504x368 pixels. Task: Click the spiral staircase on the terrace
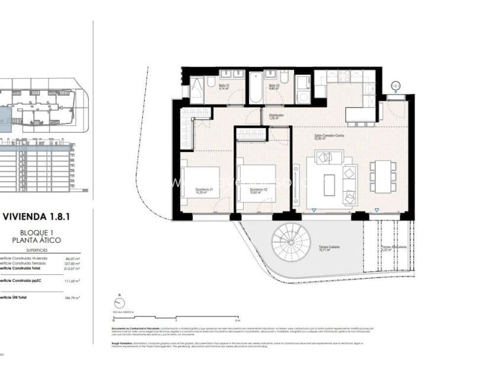(291, 242)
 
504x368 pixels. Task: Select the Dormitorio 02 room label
(257, 191)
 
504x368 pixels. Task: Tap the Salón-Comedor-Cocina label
(329, 137)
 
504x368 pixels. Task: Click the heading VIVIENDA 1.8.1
(37, 217)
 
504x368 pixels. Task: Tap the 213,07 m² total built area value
(71, 268)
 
